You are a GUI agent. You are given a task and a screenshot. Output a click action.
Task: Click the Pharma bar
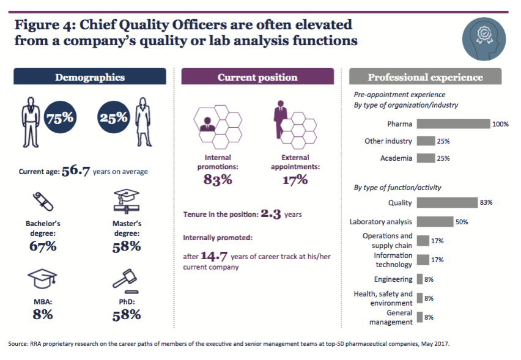tap(453, 124)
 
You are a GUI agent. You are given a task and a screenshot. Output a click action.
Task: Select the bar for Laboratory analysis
tap(435, 222)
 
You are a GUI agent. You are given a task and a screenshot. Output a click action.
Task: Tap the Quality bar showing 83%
tap(447, 202)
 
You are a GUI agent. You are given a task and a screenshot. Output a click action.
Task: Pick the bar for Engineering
tap(419, 279)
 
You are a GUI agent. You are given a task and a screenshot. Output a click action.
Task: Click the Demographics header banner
tap(90, 77)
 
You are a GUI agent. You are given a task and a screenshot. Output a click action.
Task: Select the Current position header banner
tap(257, 77)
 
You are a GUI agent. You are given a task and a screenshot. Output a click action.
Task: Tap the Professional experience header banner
tap(425, 77)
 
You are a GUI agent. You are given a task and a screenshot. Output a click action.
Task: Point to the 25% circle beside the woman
tap(114, 118)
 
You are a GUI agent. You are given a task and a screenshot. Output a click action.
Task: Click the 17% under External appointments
tap(295, 180)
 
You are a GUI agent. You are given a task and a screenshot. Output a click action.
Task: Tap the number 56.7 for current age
tap(75, 171)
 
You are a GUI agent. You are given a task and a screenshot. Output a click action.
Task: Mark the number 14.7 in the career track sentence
tap(215, 255)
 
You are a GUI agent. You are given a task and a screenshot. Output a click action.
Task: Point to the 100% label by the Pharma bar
tap(500, 124)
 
